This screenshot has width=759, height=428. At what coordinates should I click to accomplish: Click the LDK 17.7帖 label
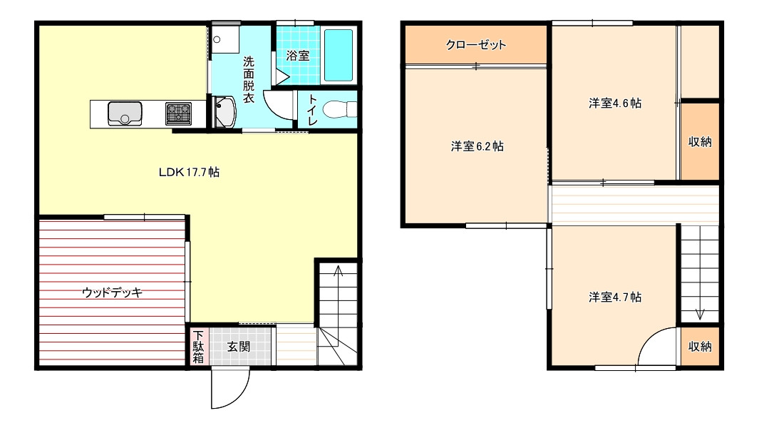[x=189, y=172]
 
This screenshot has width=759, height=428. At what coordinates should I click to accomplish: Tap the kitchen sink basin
[x=125, y=113]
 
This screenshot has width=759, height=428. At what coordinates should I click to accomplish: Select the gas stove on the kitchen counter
[x=179, y=113]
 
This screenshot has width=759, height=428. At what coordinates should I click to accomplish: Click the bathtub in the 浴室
[x=338, y=55]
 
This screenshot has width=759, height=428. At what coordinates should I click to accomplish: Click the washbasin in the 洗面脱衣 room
[x=224, y=112]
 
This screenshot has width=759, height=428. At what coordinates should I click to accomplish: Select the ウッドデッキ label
[x=113, y=292]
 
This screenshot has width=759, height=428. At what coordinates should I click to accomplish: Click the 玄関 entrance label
[x=239, y=347]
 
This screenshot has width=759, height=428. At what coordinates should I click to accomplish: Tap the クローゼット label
[x=476, y=45]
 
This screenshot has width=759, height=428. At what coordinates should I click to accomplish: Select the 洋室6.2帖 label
[x=477, y=146]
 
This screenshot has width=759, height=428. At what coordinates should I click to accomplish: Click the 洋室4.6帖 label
[x=615, y=103]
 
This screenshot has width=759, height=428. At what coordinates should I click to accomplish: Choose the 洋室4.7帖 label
[x=615, y=297]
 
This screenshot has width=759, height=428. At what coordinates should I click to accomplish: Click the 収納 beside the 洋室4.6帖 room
[x=700, y=141]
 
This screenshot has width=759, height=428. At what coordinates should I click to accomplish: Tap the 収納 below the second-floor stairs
[x=700, y=347]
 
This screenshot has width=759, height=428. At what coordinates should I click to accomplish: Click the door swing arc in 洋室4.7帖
[x=649, y=338]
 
